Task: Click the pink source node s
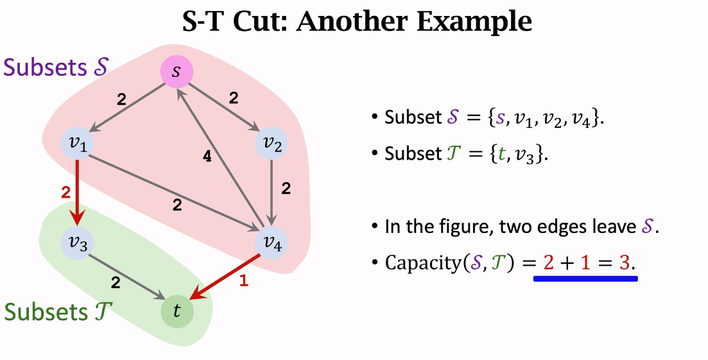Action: pyautogui.click(x=177, y=72)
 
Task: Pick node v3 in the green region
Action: pyautogui.click(x=78, y=242)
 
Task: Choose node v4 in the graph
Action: pyautogui.click(x=273, y=242)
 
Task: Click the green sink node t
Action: pyautogui.click(x=177, y=311)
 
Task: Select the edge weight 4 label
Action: pyautogui.click(x=207, y=157)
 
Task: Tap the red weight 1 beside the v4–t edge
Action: pyautogui.click(x=243, y=280)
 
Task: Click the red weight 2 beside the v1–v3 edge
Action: pyautogui.click(x=65, y=192)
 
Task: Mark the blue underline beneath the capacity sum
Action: pyautogui.click(x=585, y=279)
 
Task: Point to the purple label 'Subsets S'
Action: pyautogui.click(x=56, y=67)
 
